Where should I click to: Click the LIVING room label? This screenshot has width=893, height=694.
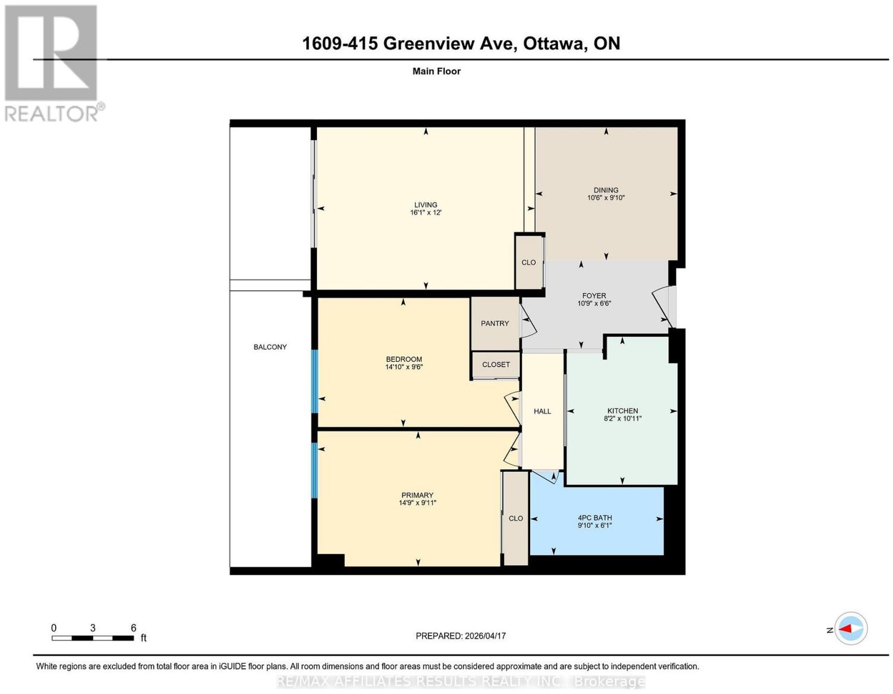pyautogui.click(x=425, y=204)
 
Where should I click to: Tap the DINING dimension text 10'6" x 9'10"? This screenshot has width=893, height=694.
pyautogui.click(x=606, y=198)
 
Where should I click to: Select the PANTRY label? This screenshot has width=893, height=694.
pyautogui.click(x=495, y=323)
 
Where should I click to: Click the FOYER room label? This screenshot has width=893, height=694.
pyautogui.click(x=594, y=295)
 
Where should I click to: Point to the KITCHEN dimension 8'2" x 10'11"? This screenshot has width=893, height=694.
pyautogui.click(x=623, y=418)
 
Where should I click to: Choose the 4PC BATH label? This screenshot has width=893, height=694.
pyautogui.click(x=594, y=518)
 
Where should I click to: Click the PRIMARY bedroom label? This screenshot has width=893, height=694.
pyautogui.click(x=417, y=495)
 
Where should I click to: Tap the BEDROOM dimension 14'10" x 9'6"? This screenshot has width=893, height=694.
pyautogui.click(x=404, y=367)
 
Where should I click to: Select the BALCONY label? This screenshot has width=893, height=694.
pyautogui.click(x=270, y=347)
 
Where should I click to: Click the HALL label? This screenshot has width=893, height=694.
pyautogui.click(x=542, y=411)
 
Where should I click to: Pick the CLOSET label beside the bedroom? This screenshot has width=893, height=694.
pyautogui.click(x=496, y=365)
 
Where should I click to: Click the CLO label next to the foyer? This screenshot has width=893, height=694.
pyautogui.click(x=529, y=262)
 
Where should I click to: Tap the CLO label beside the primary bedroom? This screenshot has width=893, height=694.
pyautogui.click(x=516, y=519)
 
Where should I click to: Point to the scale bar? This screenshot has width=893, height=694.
pyautogui.click(x=93, y=638)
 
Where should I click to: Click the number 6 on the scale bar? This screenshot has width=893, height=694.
pyautogui.click(x=133, y=628)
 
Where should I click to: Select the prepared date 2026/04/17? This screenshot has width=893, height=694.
pyautogui.click(x=485, y=635)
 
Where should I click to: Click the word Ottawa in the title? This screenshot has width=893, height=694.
pyautogui.click(x=553, y=43)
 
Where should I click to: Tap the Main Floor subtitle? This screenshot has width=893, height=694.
pyautogui.click(x=436, y=71)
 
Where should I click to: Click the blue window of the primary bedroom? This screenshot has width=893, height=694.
pyautogui.click(x=314, y=470)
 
